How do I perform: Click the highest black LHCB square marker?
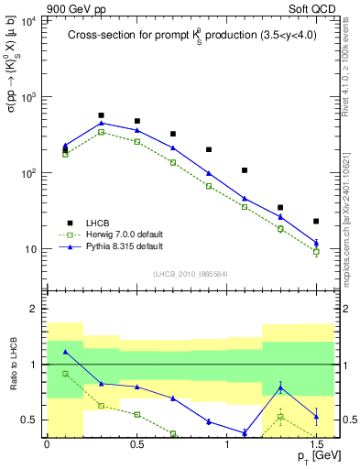[101, 115]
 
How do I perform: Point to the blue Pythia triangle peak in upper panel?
[101, 123]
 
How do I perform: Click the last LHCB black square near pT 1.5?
[316, 221]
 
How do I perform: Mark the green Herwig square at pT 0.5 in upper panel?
[136, 142]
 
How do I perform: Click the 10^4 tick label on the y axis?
[27, 20]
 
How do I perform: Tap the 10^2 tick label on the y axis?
[27, 173]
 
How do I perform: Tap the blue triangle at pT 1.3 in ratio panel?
[280, 388]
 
